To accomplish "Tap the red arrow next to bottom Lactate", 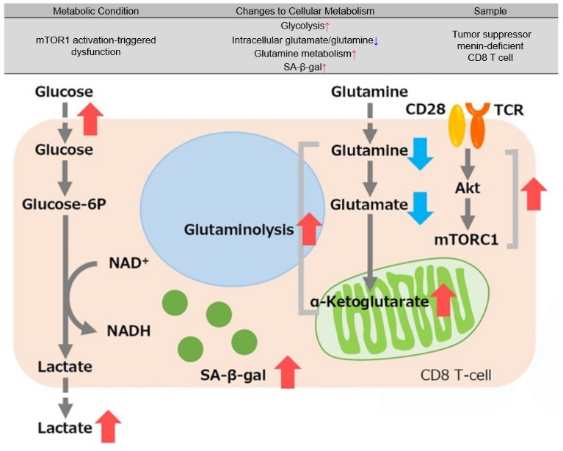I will click(x=109, y=427).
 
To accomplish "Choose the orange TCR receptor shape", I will click(x=480, y=121).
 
